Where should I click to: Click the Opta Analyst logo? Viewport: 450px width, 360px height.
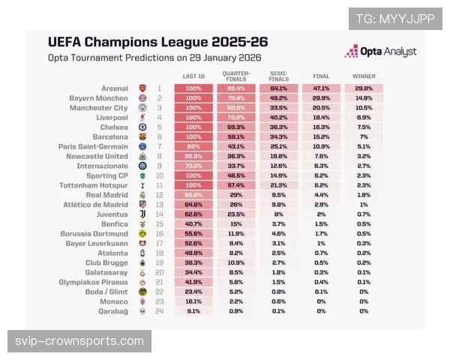[x=380, y=51]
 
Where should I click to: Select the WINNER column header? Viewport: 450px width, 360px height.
[x=364, y=76]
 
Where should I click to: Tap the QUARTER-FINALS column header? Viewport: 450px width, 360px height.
[x=235, y=75]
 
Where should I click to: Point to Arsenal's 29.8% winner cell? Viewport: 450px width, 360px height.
[x=364, y=88]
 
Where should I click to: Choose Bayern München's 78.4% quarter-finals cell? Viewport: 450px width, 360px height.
[x=235, y=98]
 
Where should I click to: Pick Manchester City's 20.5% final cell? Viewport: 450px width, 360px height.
[x=321, y=108]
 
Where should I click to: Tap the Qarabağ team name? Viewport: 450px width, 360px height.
[x=115, y=310]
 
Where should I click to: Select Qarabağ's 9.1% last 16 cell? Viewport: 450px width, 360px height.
[x=193, y=310]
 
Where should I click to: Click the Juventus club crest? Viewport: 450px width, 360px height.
[x=142, y=214]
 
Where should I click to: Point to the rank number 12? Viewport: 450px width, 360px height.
[x=159, y=194]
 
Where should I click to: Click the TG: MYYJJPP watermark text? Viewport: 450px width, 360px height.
[x=395, y=19]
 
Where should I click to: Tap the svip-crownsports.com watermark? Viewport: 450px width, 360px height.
[x=79, y=341]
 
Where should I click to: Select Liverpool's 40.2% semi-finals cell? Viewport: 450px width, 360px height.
[x=279, y=118]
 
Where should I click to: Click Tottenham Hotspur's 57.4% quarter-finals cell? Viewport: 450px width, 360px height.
[x=235, y=184]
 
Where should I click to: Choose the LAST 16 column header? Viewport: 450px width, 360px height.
[x=193, y=76]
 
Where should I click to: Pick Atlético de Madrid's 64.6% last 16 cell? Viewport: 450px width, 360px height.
[x=193, y=204]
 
